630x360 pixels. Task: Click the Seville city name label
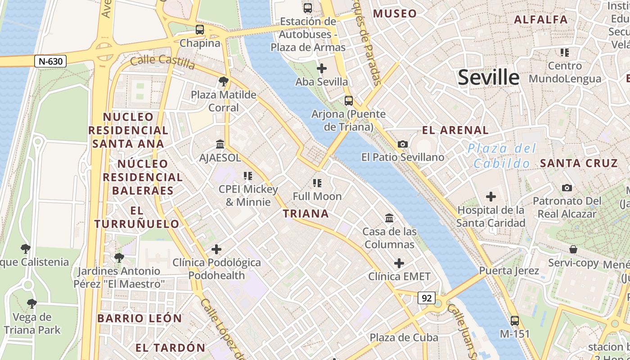tap(489, 77)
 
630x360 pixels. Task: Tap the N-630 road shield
tap(50, 61)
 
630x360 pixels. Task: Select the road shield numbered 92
tap(426, 297)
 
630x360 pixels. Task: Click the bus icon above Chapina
tap(200, 30)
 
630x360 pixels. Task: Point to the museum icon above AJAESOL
tap(220, 144)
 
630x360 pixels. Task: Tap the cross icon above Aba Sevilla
tap(322, 68)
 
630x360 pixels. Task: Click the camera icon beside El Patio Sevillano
tap(403, 144)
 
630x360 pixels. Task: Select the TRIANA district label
tap(306, 214)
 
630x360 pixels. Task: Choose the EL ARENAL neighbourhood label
tap(455, 130)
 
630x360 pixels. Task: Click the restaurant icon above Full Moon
tap(317, 183)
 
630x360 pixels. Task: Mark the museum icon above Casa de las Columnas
tap(389, 218)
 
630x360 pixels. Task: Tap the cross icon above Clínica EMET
tap(399, 263)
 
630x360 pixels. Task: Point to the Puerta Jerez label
tap(509, 271)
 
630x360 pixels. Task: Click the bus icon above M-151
tap(515, 320)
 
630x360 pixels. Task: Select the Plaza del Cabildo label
tap(502, 156)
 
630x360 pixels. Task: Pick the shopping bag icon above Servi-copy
tap(573, 249)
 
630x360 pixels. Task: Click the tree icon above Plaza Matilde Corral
tap(223, 81)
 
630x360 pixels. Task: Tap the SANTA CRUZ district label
tap(579, 163)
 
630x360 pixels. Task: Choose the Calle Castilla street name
tap(162, 63)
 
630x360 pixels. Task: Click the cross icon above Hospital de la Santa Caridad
tap(491, 197)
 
